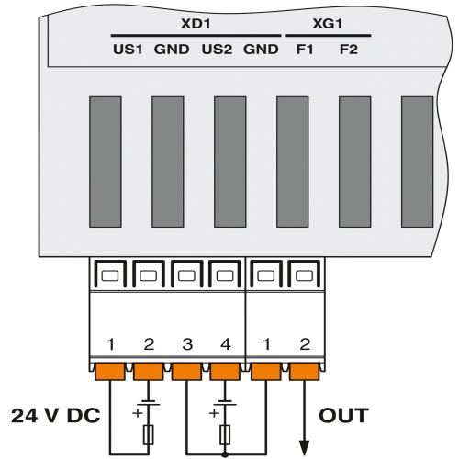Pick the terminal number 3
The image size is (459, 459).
(x=186, y=346)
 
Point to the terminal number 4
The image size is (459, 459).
(x=224, y=346)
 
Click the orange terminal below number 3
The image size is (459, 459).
(x=186, y=373)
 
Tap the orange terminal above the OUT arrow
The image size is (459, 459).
(x=303, y=373)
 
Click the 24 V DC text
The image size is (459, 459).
(x=55, y=415)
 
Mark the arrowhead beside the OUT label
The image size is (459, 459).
(x=303, y=444)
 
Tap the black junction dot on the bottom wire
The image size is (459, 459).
(x=224, y=452)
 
